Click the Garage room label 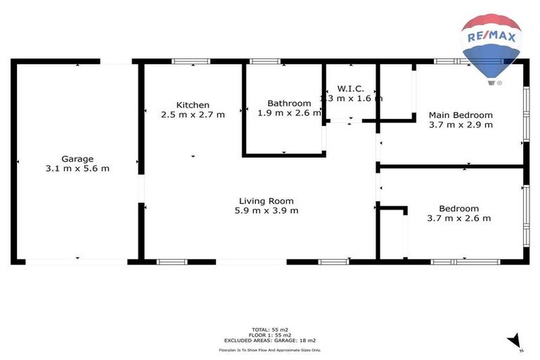pos(77,159)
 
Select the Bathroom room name pos(289,103)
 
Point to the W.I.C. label pos(350,89)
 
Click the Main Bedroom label pos(461,115)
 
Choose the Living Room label pos(266,200)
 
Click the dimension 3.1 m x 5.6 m pos(77,169)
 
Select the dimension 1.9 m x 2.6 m pos(289,112)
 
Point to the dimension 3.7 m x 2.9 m pos(461,125)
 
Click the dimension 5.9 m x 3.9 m pos(266,210)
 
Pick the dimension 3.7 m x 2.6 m pos(458,218)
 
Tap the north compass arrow pos(515,340)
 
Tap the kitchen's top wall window pos(191,62)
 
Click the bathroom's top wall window pos(266,62)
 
